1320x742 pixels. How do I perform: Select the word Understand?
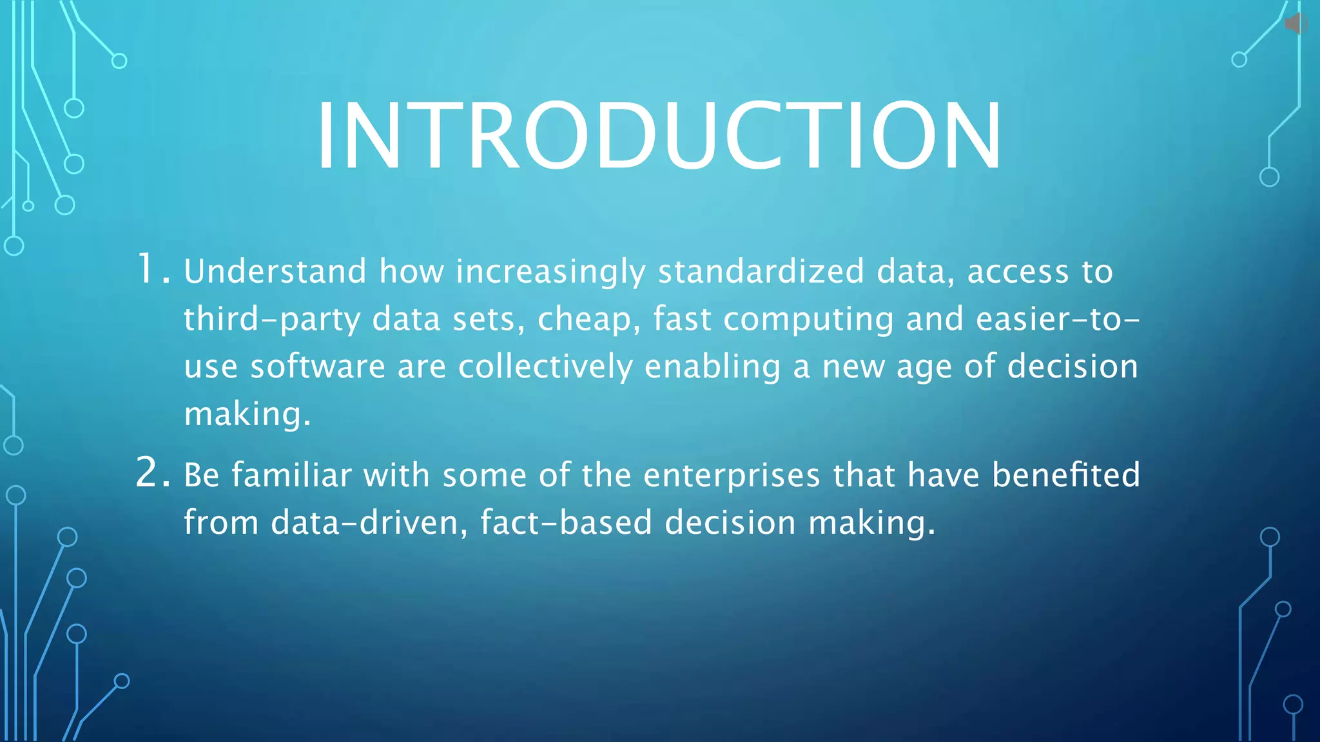tap(275, 271)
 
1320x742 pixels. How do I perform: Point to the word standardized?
tap(761, 271)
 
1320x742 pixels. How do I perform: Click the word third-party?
tap(271, 319)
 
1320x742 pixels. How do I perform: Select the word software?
tap(318, 366)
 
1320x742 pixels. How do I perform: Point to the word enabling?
tap(712, 366)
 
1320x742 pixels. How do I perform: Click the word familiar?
tap(291, 475)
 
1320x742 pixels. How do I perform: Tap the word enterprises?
tap(732, 475)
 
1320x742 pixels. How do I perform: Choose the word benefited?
tap(1065, 475)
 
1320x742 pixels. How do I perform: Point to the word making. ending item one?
tap(247, 414)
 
